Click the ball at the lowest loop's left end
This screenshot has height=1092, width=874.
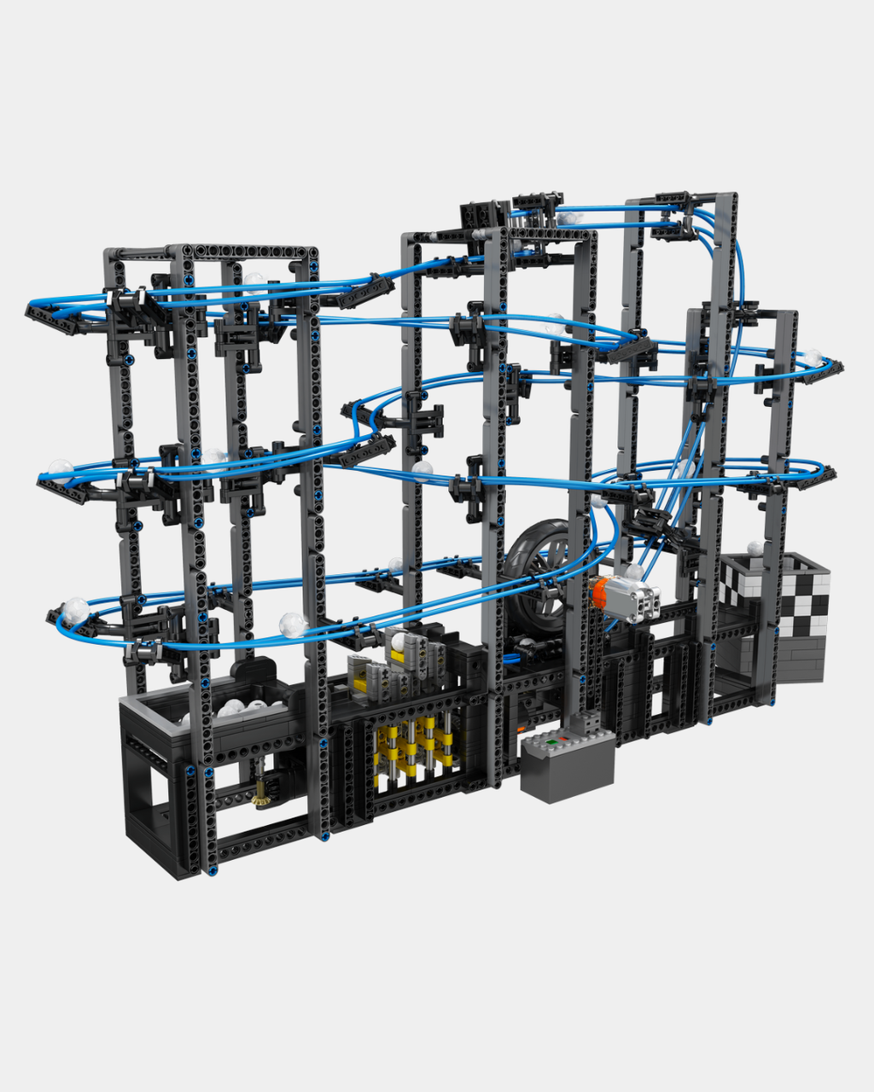tap(76, 610)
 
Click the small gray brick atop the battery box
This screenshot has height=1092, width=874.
tap(587, 723)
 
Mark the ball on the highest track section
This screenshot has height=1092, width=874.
tap(566, 218)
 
